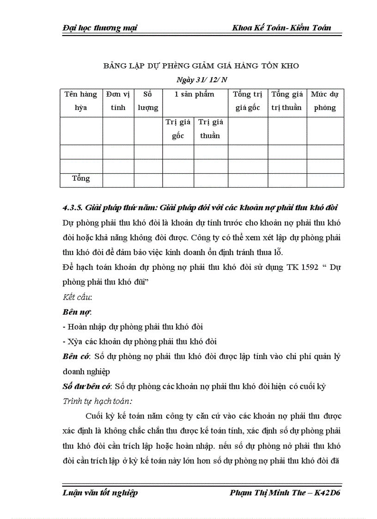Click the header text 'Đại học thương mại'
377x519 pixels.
tap(99, 28)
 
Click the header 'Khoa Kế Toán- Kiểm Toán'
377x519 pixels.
tap(282, 28)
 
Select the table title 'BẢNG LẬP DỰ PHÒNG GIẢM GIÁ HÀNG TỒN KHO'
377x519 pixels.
tap(201, 66)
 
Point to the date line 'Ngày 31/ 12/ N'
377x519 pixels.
tap(202, 79)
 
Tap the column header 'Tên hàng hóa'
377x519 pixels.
tap(81, 101)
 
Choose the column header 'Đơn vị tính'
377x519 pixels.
tap(118, 101)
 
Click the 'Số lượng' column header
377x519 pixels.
tap(148, 101)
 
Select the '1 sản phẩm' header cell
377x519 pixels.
tap(195, 94)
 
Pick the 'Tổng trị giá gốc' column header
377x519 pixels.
tap(248, 101)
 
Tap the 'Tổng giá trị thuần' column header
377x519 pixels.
tap(287, 101)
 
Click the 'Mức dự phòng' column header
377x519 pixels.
tap(325, 101)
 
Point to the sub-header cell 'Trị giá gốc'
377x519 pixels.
tap(178, 129)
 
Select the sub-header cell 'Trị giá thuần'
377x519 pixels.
tap(210, 129)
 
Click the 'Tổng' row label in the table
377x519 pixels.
tap(81, 178)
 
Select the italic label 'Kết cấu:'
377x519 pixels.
tap(77, 297)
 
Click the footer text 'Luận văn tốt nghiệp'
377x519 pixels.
tap(100, 492)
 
